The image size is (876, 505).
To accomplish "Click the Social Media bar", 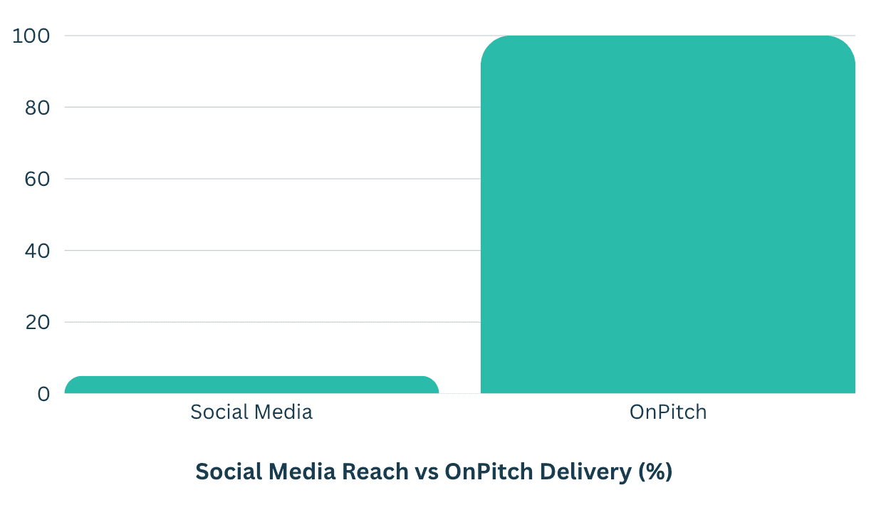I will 251,385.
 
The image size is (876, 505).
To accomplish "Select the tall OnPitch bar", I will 667,214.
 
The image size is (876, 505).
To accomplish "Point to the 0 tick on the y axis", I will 43,394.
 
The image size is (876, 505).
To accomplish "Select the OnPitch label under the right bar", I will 667,412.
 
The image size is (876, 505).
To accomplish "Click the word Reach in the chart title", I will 374,472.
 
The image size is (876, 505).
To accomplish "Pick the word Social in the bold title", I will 226,472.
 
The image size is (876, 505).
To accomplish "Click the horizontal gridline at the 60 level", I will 271,179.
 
